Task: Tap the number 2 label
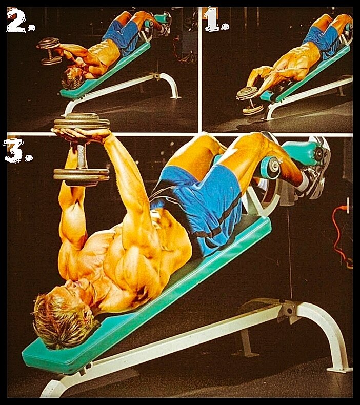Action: point(20,20)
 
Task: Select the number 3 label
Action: point(17,151)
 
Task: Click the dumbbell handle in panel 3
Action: point(81,156)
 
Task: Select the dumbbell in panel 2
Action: point(50,51)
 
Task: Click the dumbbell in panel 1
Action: point(249,100)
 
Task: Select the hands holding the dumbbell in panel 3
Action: point(83,134)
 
